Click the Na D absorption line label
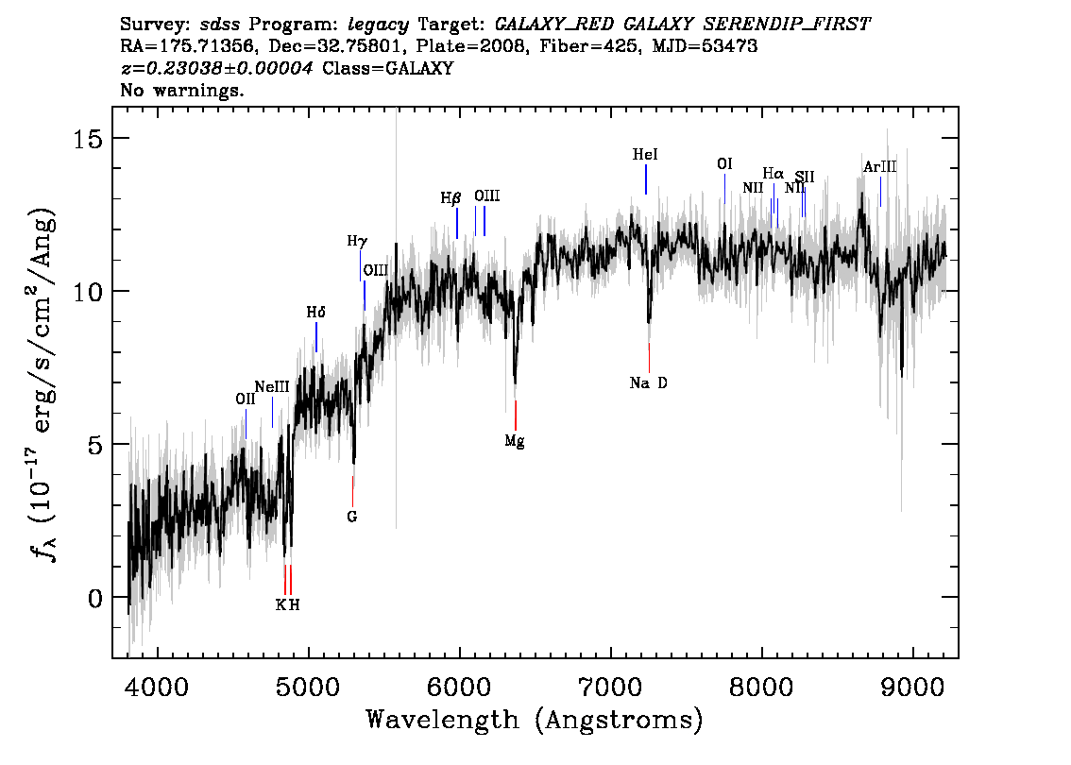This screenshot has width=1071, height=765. pyautogui.click(x=648, y=383)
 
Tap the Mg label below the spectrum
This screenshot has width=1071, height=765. pyautogui.click(x=515, y=441)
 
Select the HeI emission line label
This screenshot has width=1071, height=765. pyautogui.click(x=645, y=155)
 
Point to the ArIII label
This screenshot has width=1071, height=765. pyautogui.click(x=880, y=166)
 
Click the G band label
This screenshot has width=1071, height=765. pyautogui.click(x=351, y=517)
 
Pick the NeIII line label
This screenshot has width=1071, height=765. pyautogui.click(x=272, y=387)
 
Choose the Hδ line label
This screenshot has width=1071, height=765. pyautogui.click(x=315, y=313)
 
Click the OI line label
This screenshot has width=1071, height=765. pyautogui.click(x=724, y=164)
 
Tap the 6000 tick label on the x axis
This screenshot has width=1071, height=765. pyautogui.click(x=460, y=687)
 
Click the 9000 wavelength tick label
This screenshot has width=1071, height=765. pyautogui.click(x=912, y=687)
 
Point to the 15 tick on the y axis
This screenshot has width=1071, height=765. pyautogui.click(x=88, y=139)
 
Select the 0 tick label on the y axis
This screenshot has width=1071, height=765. pyautogui.click(x=95, y=599)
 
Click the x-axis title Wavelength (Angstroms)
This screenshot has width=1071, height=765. pyautogui.click(x=535, y=721)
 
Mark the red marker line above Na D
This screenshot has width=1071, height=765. pyautogui.click(x=649, y=358)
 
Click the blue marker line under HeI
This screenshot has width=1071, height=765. pyautogui.click(x=645, y=179)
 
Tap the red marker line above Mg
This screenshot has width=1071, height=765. pyautogui.click(x=515, y=416)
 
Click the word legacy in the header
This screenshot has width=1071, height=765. pyautogui.click(x=379, y=25)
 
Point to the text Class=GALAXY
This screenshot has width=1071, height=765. pyautogui.click(x=388, y=68)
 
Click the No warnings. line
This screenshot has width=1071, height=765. pyautogui.click(x=181, y=90)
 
